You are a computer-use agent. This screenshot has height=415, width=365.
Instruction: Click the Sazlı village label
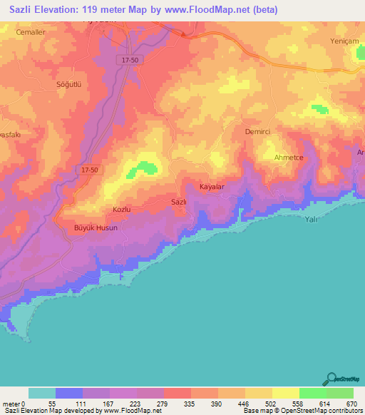pos(179,202)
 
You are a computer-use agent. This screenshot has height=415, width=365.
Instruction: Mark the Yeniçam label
pos(346,41)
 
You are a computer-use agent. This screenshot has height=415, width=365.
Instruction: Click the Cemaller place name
pos(30,33)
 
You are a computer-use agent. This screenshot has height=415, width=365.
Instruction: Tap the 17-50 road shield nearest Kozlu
pos(90,169)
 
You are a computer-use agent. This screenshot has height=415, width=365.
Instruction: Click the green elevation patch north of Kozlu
pos(146,166)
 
